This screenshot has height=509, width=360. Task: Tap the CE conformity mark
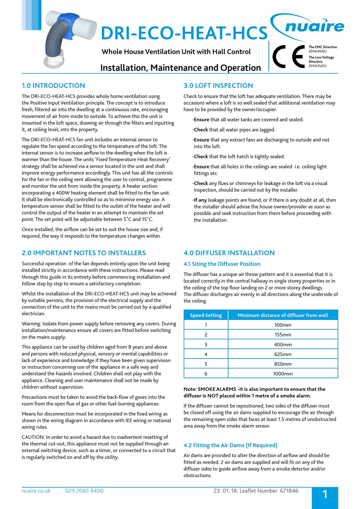pos(288,56)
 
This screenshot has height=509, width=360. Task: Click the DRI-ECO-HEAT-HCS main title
pos(184,33)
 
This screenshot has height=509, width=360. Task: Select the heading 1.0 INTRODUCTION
pos(53,86)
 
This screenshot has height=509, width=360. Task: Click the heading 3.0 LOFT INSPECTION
pos(218,86)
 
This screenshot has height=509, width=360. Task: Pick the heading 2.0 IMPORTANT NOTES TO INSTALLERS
pos(84,253)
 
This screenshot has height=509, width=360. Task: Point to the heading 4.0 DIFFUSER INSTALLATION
pos(229,253)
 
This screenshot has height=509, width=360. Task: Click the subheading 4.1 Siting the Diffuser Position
pos(222,264)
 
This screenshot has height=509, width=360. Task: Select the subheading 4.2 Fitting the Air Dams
pos(230,445)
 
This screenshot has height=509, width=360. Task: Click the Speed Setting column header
pos(206,315)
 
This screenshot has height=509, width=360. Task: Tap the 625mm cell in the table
pos(283,354)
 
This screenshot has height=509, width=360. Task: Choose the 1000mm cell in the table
pos(283,374)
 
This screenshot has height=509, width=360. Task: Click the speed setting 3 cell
pos(206,345)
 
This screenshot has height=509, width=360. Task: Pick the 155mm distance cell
pos(283,335)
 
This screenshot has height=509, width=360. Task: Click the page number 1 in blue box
pos(325,494)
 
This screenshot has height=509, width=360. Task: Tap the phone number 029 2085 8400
pos(84,491)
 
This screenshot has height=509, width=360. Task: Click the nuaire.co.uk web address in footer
pos(36,491)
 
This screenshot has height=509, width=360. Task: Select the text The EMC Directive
pos(322,47)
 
